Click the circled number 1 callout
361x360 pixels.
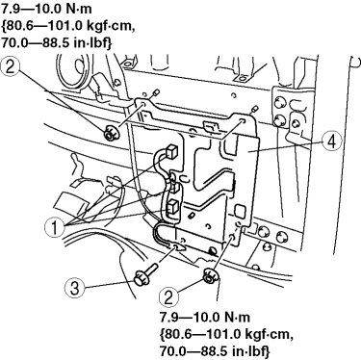pos(55,227)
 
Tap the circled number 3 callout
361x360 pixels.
pos(74,287)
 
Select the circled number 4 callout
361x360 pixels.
pos(332,141)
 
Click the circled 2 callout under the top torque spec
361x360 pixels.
pos(11,67)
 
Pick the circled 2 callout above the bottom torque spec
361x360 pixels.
pos(169,296)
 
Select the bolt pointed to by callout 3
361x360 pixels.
pos(145,274)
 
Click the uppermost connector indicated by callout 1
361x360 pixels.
pos(171,150)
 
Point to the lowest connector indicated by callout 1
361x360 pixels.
pos(173,206)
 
